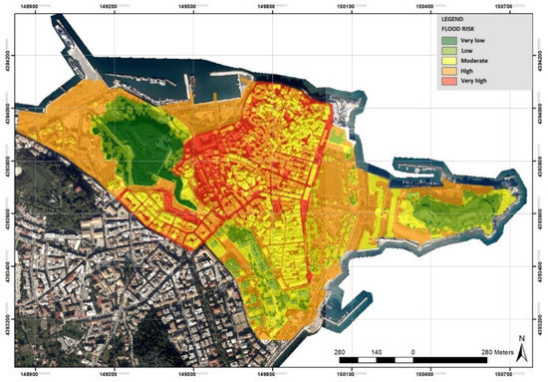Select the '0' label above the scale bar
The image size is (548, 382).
412,354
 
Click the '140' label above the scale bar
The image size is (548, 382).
377,354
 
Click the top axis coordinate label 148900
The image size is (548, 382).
30,5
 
